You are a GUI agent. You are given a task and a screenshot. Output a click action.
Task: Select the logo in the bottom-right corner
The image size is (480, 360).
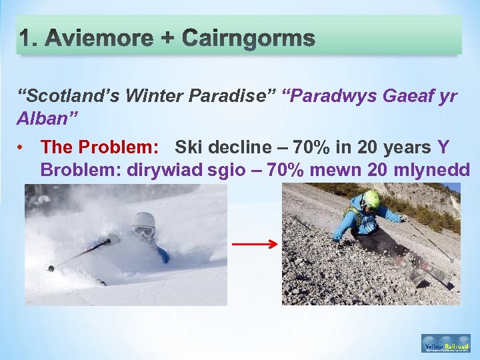[446, 343]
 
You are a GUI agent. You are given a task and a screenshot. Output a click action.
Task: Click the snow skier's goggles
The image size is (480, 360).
[143, 231]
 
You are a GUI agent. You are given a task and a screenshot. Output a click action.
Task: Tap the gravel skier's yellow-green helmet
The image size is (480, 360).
[371, 199]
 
